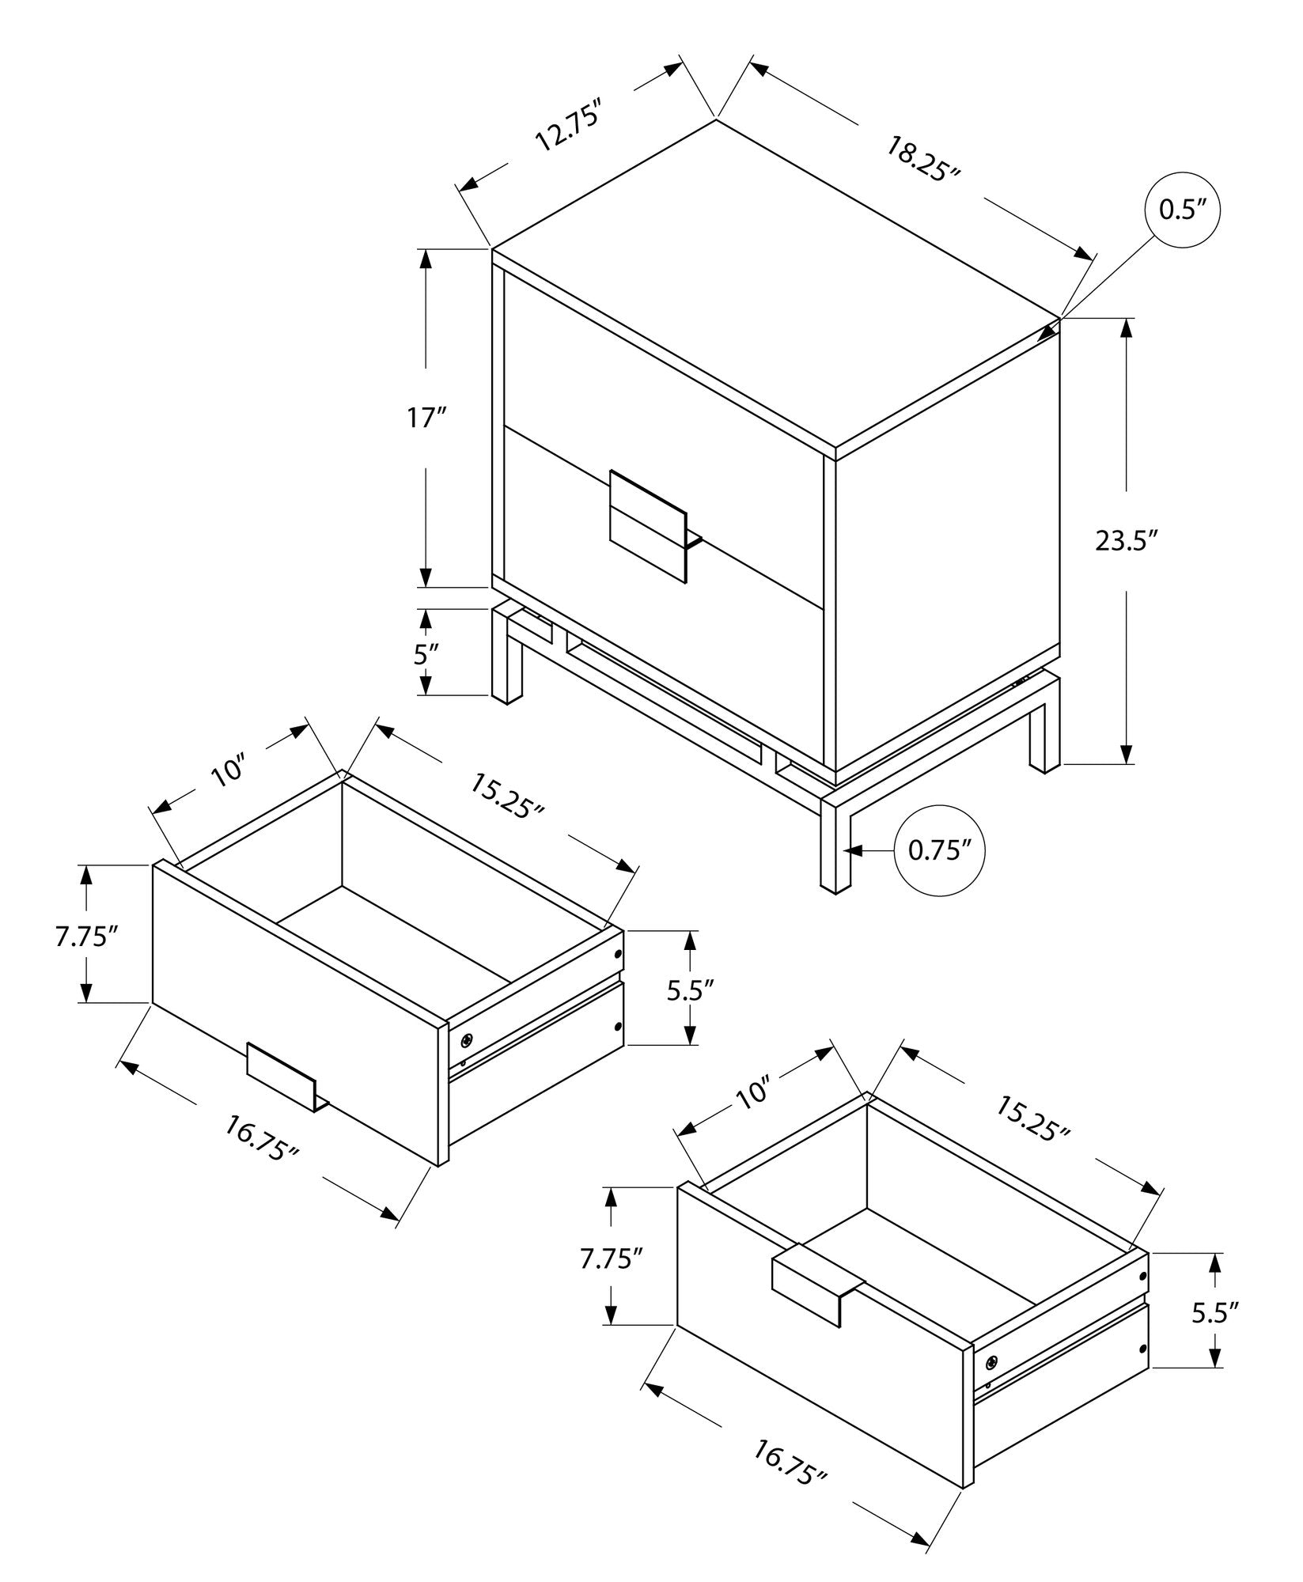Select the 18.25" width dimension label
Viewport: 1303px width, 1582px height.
(x=922, y=159)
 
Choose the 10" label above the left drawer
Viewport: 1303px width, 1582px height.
(x=229, y=770)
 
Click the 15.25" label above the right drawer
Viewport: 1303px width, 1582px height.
(x=1032, y=1118)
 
